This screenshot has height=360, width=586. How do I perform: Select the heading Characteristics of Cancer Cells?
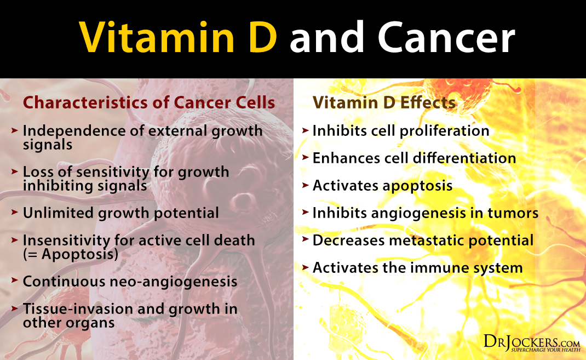click(x=149, y=103)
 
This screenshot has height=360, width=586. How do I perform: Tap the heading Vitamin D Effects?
click(x=385, y=103)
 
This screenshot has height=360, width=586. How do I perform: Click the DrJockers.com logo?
click(x=531, y=342)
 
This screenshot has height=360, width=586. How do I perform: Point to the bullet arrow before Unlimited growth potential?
click(x=15, y=213)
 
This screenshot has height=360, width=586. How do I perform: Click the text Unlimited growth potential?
click(x=120, y=213)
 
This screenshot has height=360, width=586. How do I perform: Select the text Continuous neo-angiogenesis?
click(x=130, y=282)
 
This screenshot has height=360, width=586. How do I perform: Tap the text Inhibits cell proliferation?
click(x=400, y=131)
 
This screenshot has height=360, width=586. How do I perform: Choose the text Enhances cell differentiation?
click(x=414, y=158)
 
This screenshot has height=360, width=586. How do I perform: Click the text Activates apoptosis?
click(x=382, y=186)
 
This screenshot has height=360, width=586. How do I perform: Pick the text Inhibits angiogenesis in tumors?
click(x=426, y=213)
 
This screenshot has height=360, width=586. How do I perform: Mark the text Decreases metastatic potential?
click(x=423, y=241)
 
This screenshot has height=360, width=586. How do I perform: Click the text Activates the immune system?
click(x=417, y=268)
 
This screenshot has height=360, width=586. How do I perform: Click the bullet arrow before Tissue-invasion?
click(x=15, y=309)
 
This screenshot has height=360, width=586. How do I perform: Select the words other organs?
click(x=68, y=323)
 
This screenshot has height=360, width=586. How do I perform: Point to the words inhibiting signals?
click(x=84, y=186)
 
